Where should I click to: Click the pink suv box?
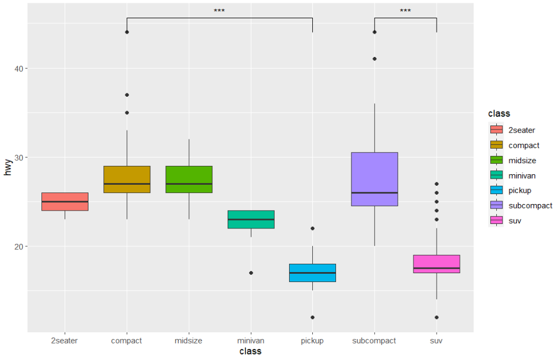coord(437,264)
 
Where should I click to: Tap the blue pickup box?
coord(313,273)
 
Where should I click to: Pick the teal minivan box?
coord(251,220)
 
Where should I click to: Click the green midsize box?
coord(189,179)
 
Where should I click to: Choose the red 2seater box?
coord(65,201)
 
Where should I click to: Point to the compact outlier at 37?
coord(127,95)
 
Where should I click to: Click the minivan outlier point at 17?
coord(251,273)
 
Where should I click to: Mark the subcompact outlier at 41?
coord(375,59)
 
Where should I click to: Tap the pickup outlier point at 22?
coord(313,228)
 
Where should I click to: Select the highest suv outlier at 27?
coord(437,184)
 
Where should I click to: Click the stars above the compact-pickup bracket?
coord(219,11)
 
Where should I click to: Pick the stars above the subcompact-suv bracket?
coord(405,11)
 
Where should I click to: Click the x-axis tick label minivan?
coord(251,341)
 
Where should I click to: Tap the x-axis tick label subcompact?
coord(374,341)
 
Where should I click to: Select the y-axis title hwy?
coord(8,166)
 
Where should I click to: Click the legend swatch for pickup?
coord(496,190)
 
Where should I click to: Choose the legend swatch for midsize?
coord(496,160)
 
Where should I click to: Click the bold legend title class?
coord(499,113)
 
